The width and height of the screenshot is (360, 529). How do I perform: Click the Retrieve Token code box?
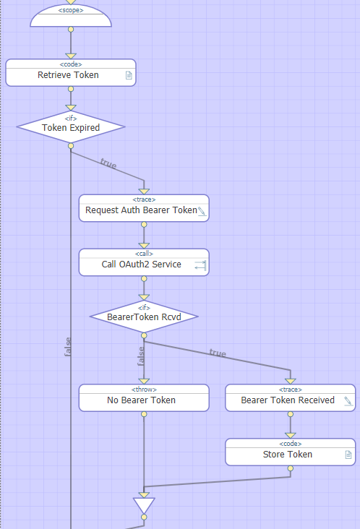coord(71,73)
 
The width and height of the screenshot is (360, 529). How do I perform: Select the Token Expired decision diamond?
coord(71,127)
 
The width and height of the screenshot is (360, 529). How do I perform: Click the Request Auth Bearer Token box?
coord(144,208)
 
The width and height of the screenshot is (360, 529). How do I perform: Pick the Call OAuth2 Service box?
coord(144,262)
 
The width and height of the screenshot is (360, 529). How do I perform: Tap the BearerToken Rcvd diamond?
coord(144,317)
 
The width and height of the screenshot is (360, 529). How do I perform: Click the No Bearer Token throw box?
coord(144,398)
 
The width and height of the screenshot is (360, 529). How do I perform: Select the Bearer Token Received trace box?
coord(290,398)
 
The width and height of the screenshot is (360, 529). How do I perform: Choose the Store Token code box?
coord(290,452)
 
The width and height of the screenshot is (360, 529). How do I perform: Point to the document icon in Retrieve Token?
coord(129,75)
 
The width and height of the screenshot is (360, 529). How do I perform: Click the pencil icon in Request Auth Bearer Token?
coord(202,211)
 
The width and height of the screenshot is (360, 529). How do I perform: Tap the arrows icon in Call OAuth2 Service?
coord(200,265)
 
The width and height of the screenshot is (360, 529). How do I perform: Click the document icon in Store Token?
coord(348,455)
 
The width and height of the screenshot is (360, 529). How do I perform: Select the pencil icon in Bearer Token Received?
coord(348,401)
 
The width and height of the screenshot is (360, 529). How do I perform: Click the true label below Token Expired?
coord(108,163)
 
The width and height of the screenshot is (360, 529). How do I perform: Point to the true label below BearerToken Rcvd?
coord(218,353)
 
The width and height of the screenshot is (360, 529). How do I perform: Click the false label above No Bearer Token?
coord(141,356)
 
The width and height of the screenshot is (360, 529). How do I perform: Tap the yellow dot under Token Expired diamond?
coord(71,146)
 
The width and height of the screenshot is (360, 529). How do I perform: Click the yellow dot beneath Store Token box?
coord(290,468)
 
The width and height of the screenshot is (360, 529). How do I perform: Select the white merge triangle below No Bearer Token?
coord(144,504)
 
